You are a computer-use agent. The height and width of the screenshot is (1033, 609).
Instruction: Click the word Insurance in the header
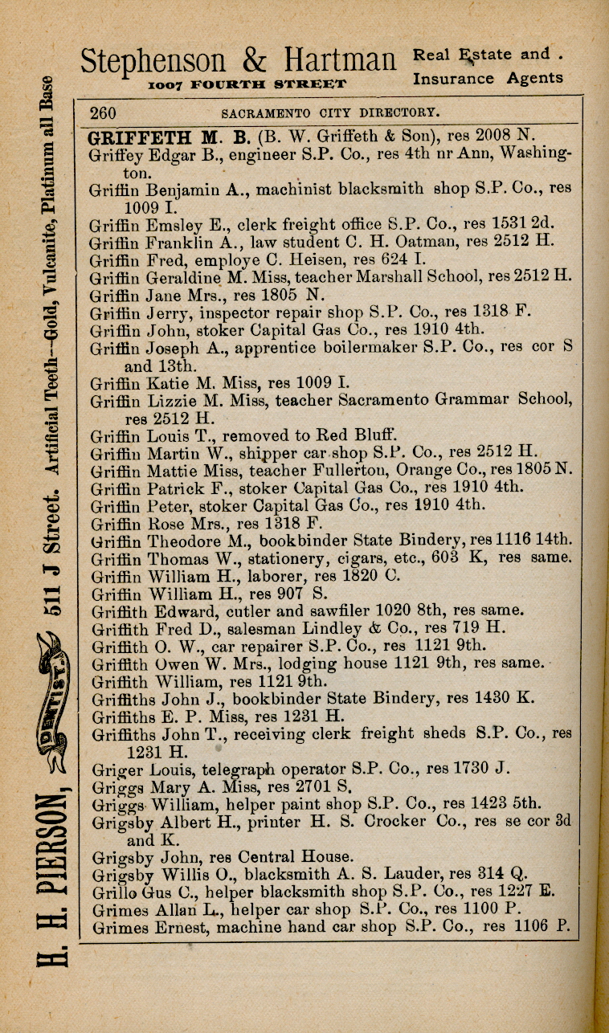coord(453,79)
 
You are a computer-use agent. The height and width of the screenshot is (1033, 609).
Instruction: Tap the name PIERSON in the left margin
coord(47,868)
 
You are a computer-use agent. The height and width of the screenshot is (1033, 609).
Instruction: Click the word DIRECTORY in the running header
coord(397,112)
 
